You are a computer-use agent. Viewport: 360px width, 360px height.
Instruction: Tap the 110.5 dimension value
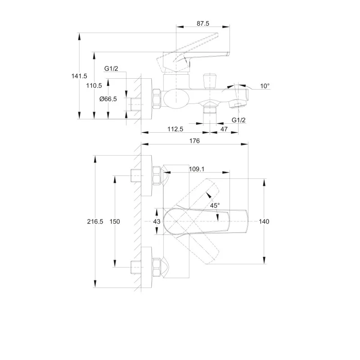[94, 85]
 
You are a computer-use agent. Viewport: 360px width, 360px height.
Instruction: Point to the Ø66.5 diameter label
[108, 99]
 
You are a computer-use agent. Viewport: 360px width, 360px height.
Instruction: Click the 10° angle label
[265, 85]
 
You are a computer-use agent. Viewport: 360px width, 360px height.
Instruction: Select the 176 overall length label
[194, 141]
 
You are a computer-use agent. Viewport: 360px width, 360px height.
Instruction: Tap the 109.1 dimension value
[197, 169]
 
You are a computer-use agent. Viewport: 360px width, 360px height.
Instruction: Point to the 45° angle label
[215, 206]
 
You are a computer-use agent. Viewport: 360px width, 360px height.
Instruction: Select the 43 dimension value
[157, 221]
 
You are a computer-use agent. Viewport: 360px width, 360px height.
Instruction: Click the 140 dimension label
[264, 221]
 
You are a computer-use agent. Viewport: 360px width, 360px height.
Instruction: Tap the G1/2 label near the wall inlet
[111, 68]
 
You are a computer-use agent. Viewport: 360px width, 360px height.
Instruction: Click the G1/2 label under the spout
[238, 120]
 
